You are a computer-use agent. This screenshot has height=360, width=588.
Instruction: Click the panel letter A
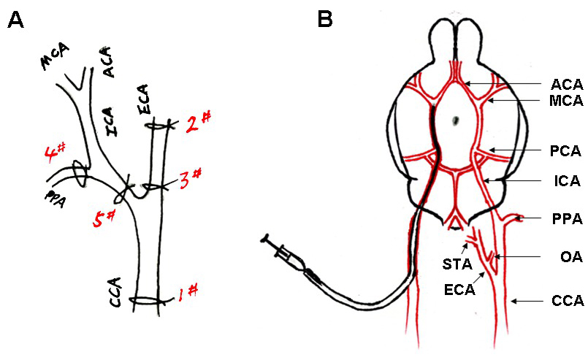click(15, 20)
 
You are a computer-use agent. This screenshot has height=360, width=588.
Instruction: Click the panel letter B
click(326, 20)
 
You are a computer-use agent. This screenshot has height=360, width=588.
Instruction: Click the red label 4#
click(55, 155)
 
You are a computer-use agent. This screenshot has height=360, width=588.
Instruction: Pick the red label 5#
click(104, 217)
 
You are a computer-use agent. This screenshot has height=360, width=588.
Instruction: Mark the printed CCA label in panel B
click(566, 300)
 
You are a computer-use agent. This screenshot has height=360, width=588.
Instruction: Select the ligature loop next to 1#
click(150, 300)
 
